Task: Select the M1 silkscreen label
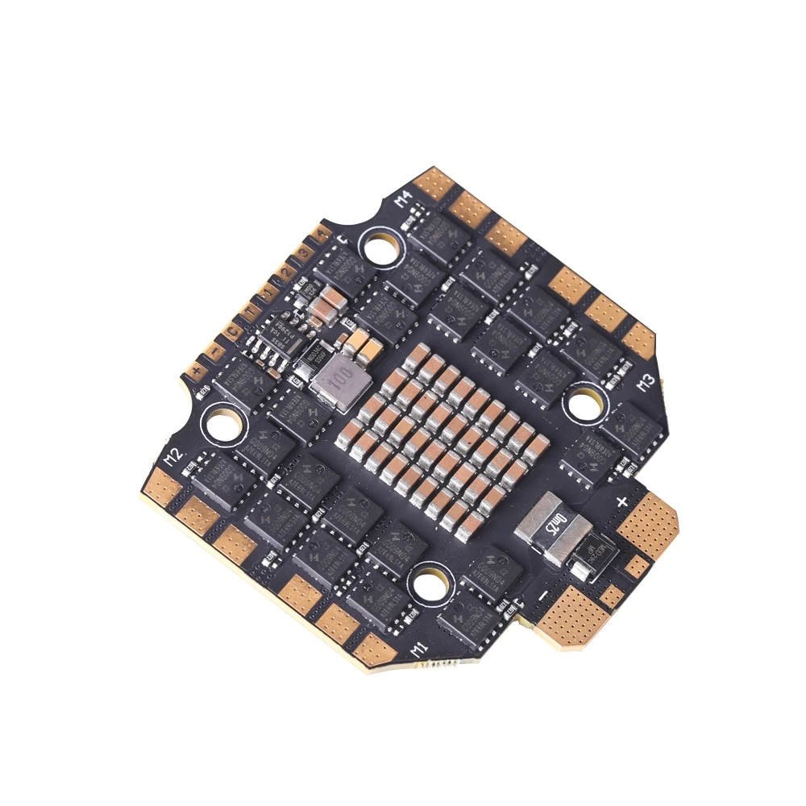click(418, 647)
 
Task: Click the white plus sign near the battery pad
click(621, 501)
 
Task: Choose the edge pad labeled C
click(233, 330)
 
